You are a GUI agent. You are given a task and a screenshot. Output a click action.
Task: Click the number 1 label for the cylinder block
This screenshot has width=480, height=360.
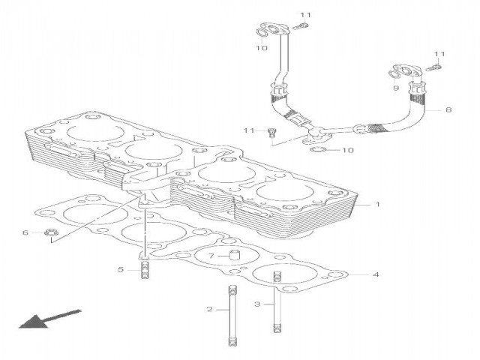378,204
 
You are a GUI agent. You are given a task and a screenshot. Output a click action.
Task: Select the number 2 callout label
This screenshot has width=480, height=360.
211,309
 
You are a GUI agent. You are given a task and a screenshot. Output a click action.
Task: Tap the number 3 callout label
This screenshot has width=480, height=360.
257,304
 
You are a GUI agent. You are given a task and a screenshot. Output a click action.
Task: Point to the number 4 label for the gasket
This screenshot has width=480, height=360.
376,274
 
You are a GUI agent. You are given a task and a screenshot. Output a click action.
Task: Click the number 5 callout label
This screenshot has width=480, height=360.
120,269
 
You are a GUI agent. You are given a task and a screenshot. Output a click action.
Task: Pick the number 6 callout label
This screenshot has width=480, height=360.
24,233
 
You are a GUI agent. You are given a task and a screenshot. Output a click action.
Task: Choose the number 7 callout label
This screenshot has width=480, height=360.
211,256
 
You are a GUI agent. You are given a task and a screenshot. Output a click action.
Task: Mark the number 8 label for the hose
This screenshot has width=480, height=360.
448,110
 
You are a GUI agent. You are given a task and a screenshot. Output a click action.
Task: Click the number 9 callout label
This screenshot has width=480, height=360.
396,88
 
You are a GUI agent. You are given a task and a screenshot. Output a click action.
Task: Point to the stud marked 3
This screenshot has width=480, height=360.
277,304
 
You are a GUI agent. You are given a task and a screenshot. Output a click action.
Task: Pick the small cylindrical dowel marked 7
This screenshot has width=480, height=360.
232,257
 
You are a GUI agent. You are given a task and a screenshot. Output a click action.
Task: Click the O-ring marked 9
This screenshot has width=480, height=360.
395,73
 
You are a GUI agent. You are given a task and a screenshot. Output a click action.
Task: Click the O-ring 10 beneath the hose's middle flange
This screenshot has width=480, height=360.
318,151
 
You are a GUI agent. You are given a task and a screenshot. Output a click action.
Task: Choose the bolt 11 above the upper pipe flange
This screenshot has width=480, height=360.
301,27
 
